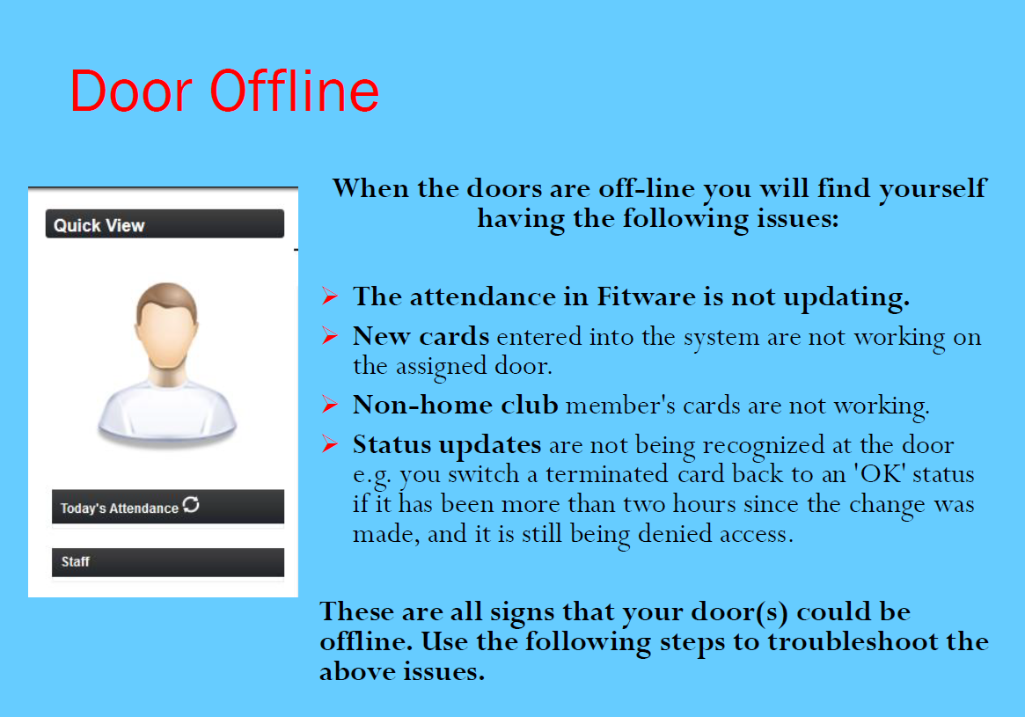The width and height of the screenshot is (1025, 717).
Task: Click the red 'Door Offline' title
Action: [224, 91]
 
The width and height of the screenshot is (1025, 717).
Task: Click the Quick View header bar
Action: [165, 224]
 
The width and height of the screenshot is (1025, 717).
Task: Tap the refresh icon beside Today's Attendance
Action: [191, 505]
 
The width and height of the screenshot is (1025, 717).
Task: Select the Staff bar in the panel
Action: [168, 562]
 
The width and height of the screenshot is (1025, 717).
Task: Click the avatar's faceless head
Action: [166, 326]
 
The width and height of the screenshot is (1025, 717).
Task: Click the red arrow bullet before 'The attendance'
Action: [330, 296]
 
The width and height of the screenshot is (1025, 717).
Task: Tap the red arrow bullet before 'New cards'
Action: [330, 336]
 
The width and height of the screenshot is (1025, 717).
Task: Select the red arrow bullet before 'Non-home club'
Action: [330, 406]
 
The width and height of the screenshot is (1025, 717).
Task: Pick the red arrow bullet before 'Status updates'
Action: [330, 444]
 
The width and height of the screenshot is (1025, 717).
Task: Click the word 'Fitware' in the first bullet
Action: [646, 296]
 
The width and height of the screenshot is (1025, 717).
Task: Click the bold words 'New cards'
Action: [421, 336]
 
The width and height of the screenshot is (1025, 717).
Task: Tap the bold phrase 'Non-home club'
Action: [456, 406]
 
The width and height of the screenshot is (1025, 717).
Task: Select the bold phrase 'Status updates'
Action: [447, 446]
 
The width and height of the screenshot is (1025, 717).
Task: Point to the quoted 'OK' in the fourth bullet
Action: [881, 474]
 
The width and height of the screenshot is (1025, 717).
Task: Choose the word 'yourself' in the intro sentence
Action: [932, 189]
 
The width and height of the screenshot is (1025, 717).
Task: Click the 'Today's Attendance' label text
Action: [119, 508]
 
